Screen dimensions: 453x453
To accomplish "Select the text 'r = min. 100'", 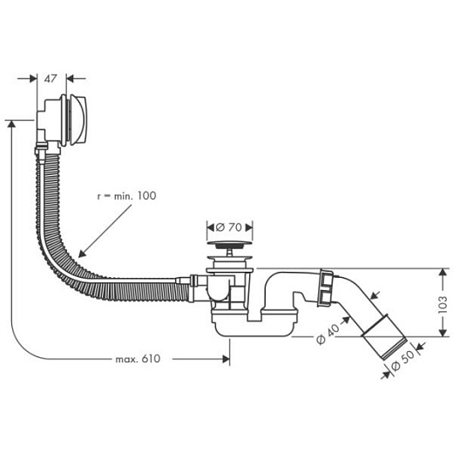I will pos(125,196).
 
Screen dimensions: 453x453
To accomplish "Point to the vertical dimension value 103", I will pos(442,303).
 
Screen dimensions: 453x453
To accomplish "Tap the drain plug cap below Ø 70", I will pos(228,254).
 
